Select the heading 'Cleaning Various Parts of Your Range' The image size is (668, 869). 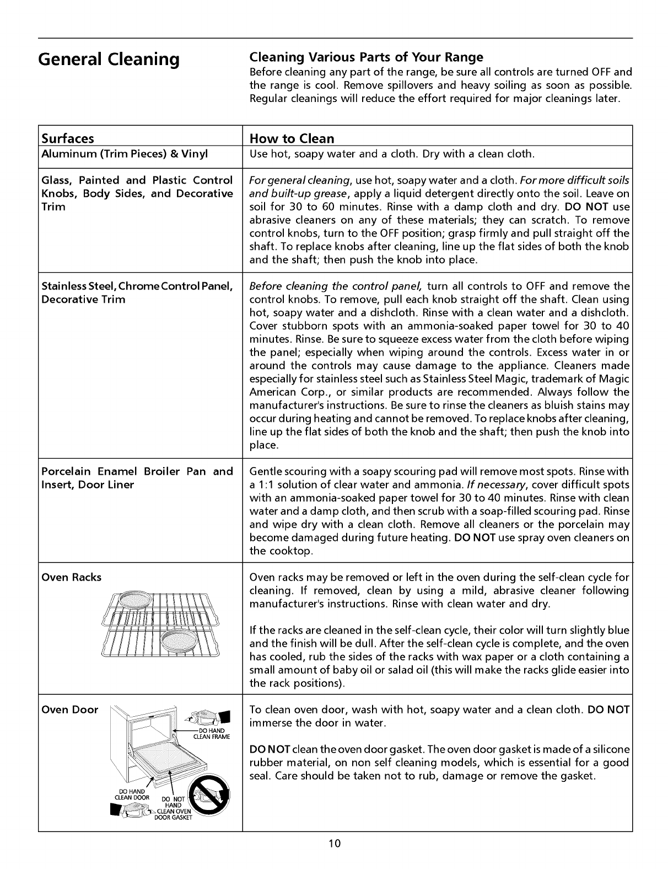(366, 57)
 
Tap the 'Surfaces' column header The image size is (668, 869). (68, 138)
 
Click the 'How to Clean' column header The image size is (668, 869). (292, 138)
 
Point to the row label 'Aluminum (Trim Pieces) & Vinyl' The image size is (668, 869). (125, 154)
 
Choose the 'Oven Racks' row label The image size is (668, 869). (72, 577)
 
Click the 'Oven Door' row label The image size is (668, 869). (70, 710)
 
